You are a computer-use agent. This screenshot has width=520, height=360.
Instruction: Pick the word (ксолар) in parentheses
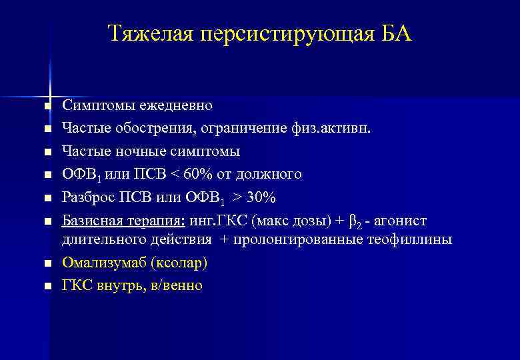coord(179,262)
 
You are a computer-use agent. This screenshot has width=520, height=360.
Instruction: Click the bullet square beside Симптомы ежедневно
coord(46,107)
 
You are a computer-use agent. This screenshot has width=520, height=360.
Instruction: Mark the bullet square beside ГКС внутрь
coord(46,287)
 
